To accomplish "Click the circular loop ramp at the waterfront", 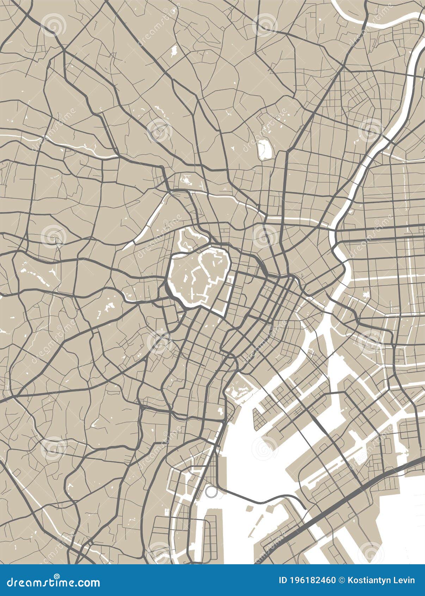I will [211, 492].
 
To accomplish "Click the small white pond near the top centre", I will [174, 51].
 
